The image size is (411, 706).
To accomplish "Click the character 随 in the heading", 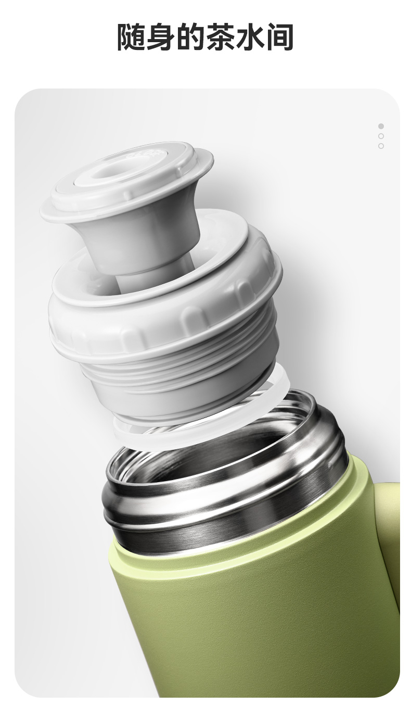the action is coord(131,37).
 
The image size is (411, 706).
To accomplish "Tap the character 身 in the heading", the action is coord(161,37).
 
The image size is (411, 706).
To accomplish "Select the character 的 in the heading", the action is coord(190,37).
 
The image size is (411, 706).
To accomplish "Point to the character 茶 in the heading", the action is coord(220,37).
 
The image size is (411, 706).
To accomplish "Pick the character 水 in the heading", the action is coord(250,37).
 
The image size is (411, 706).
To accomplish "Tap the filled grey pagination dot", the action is coord(381,126).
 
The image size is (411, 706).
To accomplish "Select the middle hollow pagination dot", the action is coord(381,136).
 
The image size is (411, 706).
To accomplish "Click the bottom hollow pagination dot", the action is coord(381,146).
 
